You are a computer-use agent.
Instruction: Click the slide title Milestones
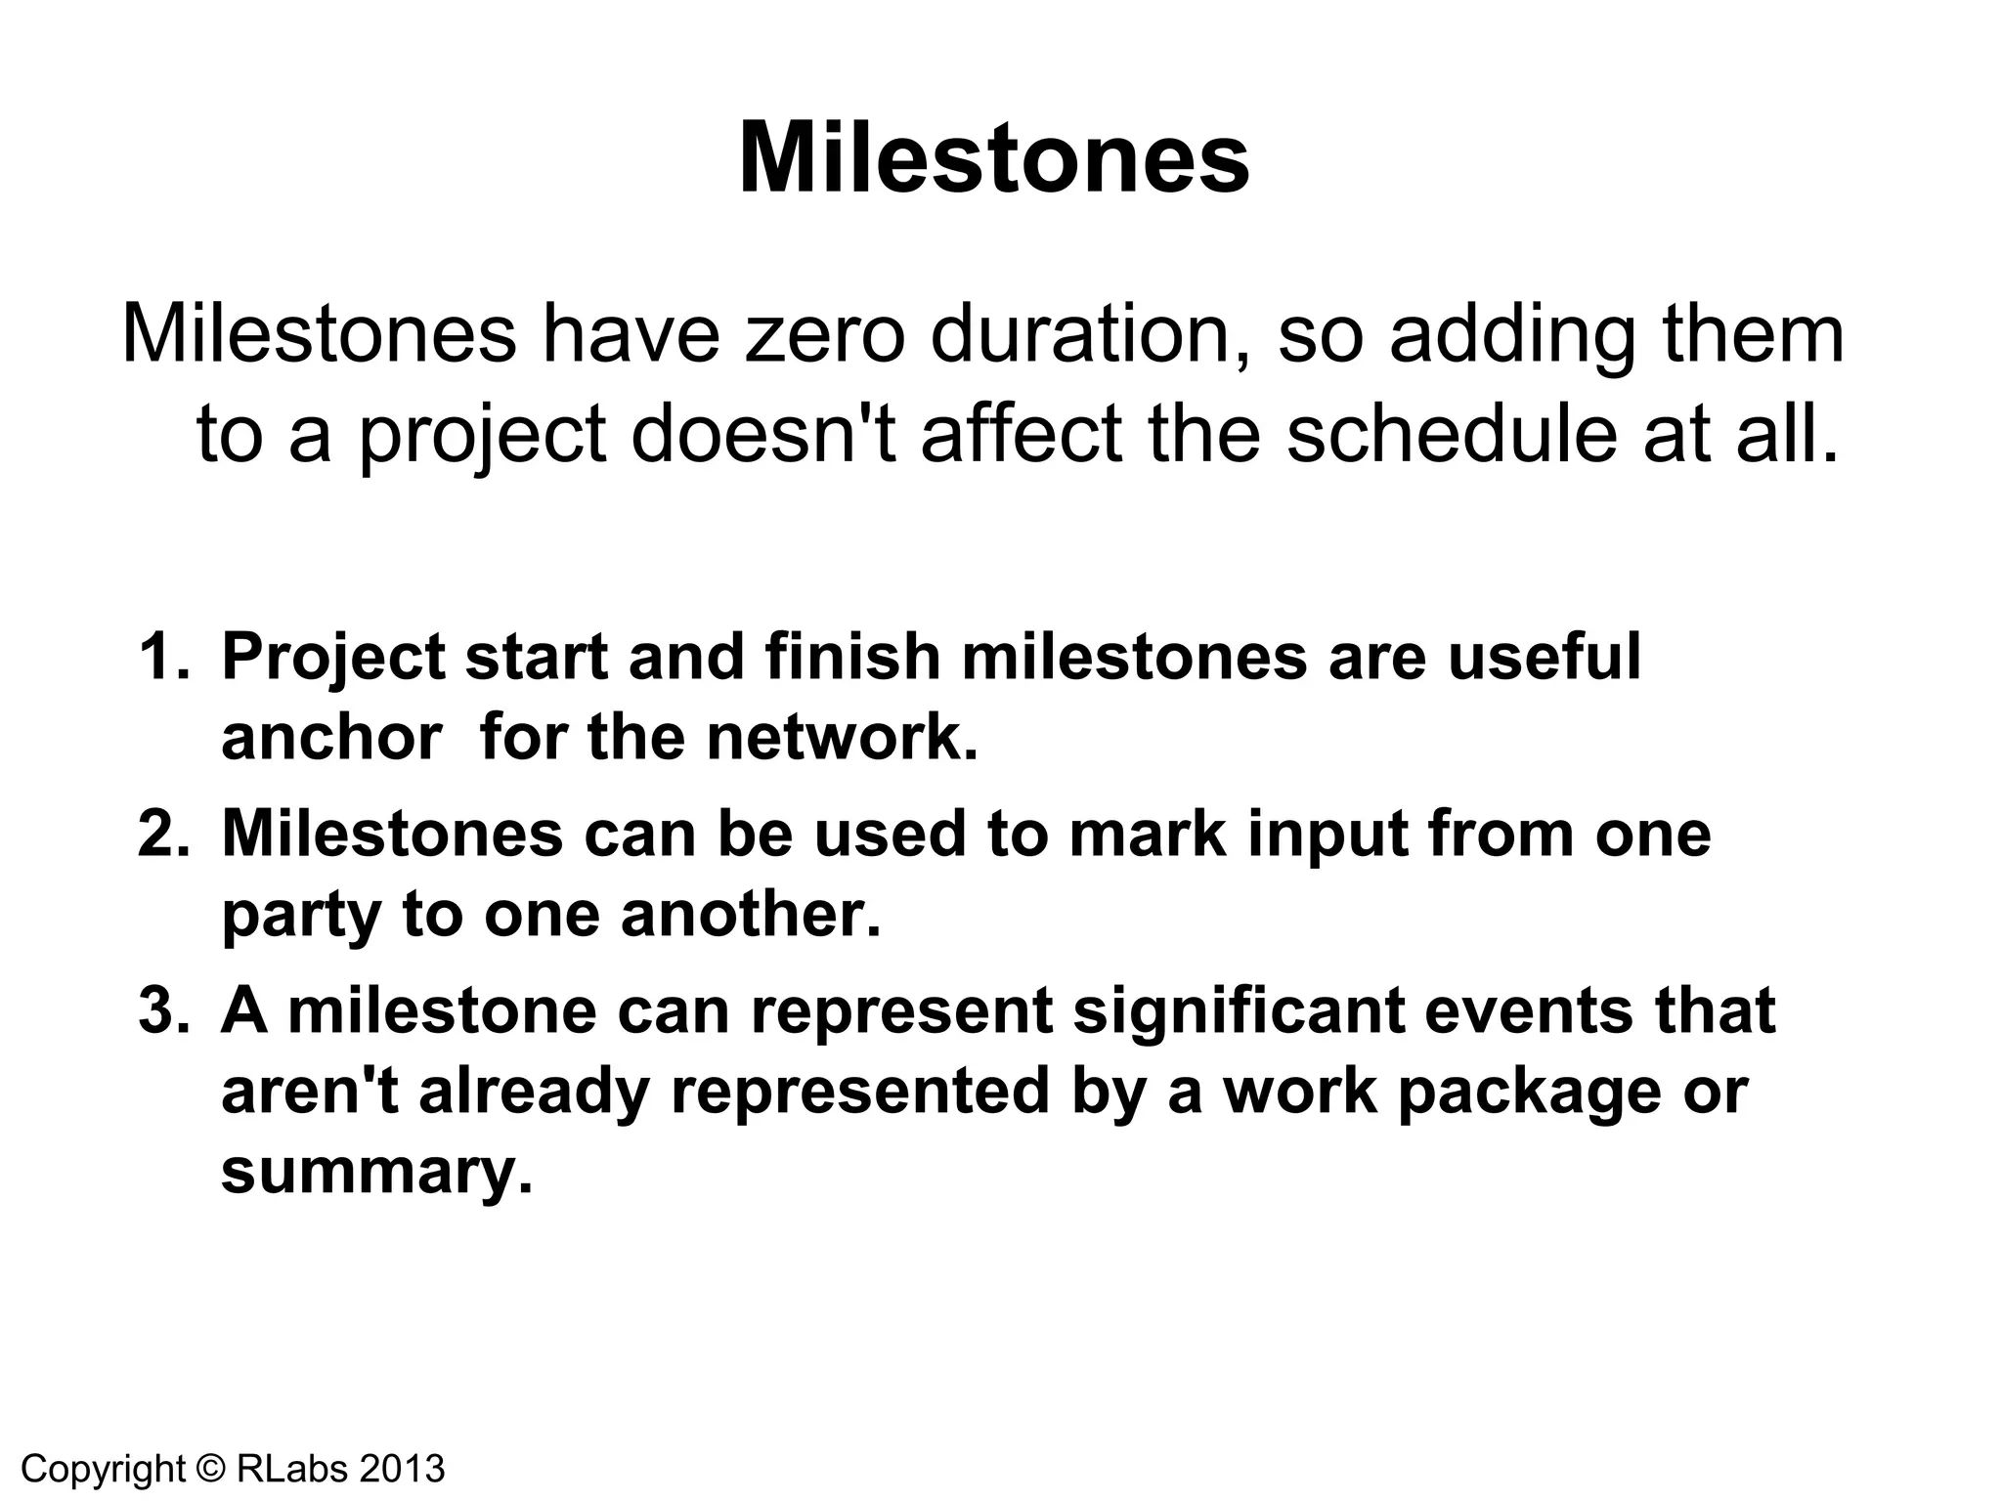coord(993,158)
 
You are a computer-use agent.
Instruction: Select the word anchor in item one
coord(331,738)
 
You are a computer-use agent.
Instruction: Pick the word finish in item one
coord(852,657)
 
